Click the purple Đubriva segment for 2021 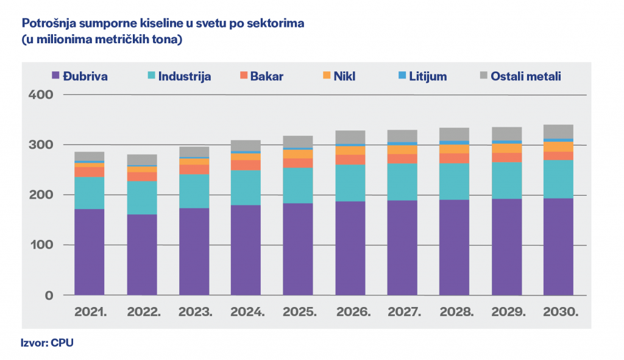[x=90, y=252]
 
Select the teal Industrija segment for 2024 [x=246, y=188]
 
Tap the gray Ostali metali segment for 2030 [x=559, y=132]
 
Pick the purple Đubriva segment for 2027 [x=402, y=248]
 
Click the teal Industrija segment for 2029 [x=507, y=180]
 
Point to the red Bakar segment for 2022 [x=142, y=177]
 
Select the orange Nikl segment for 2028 [x=455, y=149]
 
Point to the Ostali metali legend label [x=525, y=76]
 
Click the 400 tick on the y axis [x=41, y=95]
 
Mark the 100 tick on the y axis [x=41, y=245]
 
